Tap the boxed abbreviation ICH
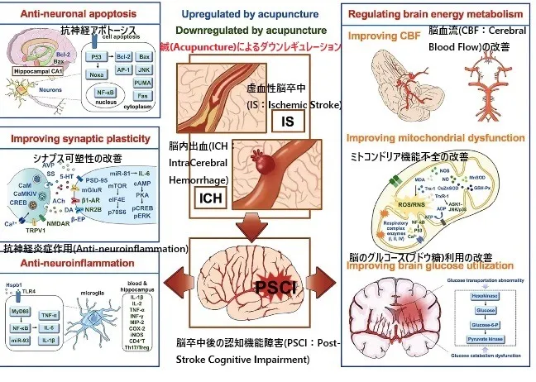click(x=210, y=198)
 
